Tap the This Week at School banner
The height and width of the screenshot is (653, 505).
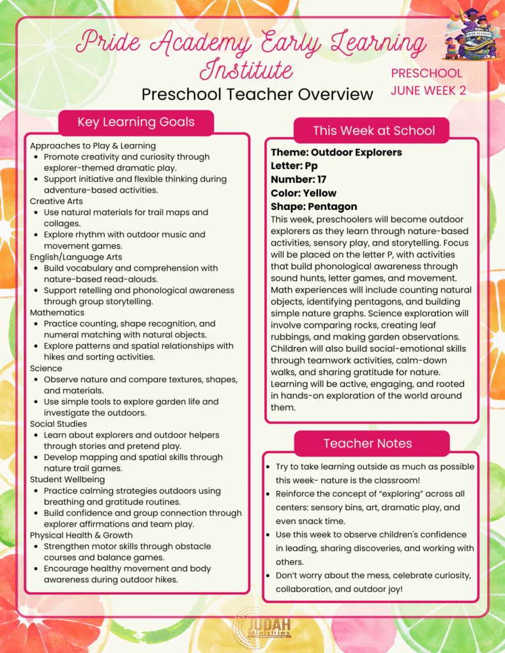click(373, 131)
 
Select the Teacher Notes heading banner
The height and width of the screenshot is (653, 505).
click(367, 443)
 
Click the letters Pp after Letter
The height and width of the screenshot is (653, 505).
click(312, 166)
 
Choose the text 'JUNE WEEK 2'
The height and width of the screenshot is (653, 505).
click(428, 91)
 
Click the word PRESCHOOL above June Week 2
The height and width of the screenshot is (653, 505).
click(426, 73)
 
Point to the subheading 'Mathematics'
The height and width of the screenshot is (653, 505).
click(57, 312)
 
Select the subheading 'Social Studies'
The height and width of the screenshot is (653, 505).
click(59, 423)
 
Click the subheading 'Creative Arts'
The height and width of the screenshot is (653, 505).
click(57, 201)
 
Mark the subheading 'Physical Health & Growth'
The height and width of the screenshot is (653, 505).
click(81, 535)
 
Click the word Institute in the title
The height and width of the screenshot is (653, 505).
click(246, 70)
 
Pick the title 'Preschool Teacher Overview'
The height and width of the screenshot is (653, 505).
click(257, 94)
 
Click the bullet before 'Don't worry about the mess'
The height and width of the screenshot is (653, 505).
click(268, 576)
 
